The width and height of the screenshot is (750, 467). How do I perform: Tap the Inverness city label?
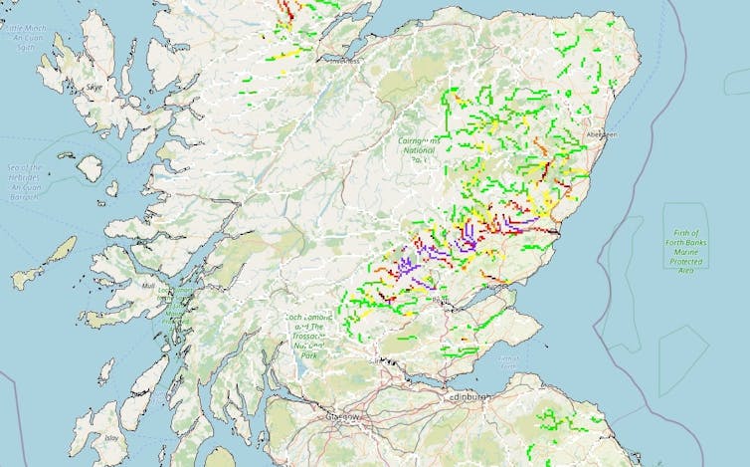click(x=345, y=61)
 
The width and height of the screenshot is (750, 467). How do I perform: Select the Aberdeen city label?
click(x=603, y=133)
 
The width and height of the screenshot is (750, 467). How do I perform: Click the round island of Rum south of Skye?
click(x=90, y=168)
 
